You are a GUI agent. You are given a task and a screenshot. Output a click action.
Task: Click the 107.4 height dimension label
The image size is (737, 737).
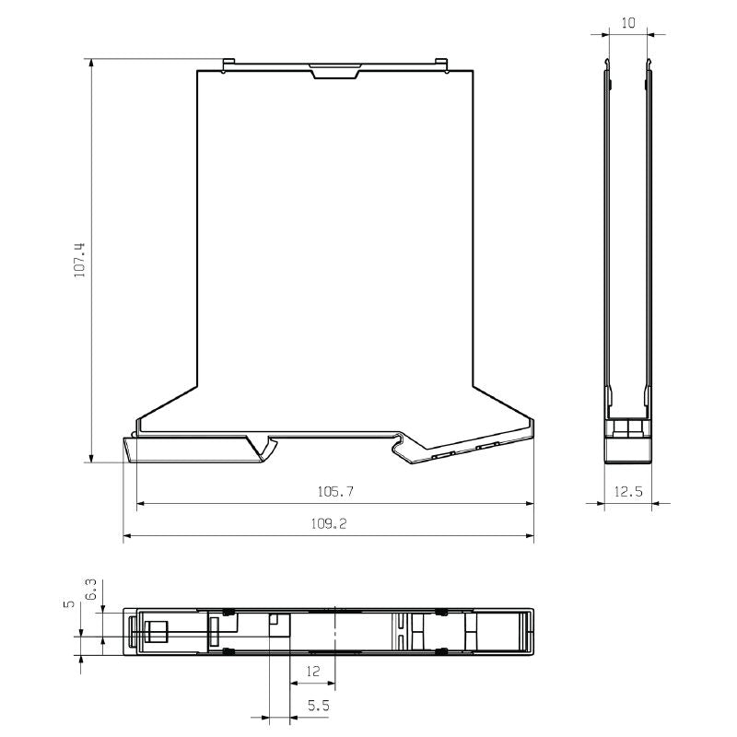79,261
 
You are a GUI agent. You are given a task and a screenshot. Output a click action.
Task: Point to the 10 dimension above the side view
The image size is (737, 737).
628,23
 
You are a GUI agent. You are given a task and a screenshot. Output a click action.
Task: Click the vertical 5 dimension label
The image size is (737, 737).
68,604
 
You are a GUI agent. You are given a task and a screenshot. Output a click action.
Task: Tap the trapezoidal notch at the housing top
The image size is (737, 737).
334,72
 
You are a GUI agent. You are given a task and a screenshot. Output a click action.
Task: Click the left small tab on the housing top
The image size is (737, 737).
227,64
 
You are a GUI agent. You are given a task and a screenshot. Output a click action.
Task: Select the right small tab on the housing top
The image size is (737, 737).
443,64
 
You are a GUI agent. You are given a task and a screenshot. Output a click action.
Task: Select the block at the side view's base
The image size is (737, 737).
628,448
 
